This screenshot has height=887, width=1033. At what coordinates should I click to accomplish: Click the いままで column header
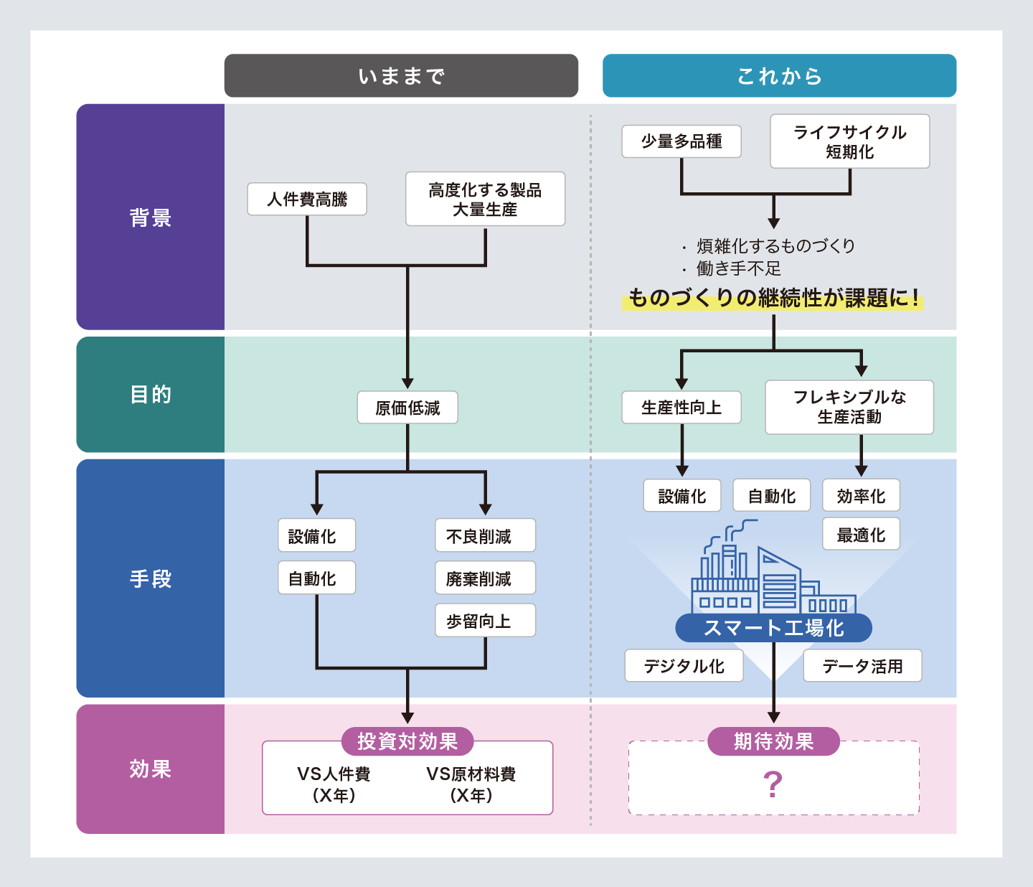click(x=401, y=75)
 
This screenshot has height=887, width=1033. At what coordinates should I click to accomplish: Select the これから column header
click(x=779, y=75)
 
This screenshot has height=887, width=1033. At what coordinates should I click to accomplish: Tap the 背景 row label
click(x=151, y=217)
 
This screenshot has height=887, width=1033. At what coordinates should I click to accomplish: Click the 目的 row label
click(x=151, y=395)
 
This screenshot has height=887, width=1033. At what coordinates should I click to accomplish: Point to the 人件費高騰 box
click(x=307, y=199)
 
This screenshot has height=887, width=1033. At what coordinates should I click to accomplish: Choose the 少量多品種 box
click(x=681, y=141)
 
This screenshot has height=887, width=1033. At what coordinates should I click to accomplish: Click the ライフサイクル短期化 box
click(x=849, y=141)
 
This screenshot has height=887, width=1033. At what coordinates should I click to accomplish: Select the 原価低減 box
click(x=407, y=408)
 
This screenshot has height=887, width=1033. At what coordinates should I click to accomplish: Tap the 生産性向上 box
click(x=681, y=408)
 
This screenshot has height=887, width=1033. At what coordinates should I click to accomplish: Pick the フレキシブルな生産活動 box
click(x=849, y=407)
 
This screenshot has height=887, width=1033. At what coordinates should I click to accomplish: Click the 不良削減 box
click(x=485, y=535)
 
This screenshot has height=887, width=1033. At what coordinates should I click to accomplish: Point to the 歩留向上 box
click(x=485, y=621)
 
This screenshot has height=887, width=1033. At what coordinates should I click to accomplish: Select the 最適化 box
click(x=861, y=534)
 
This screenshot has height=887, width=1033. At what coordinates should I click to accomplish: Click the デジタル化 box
click(x=684, y=665)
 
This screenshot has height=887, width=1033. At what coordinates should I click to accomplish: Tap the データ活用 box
click(x=862, y=665)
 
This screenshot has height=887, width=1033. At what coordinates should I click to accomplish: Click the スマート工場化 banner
click(x=773, y=628)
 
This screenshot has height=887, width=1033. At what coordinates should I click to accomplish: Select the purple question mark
click(x=773, y=784)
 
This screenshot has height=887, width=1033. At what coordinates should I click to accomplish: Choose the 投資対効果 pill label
click(x=407, y=741)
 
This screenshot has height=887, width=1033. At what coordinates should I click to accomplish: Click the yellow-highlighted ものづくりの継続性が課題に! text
click(x=773, y=298)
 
